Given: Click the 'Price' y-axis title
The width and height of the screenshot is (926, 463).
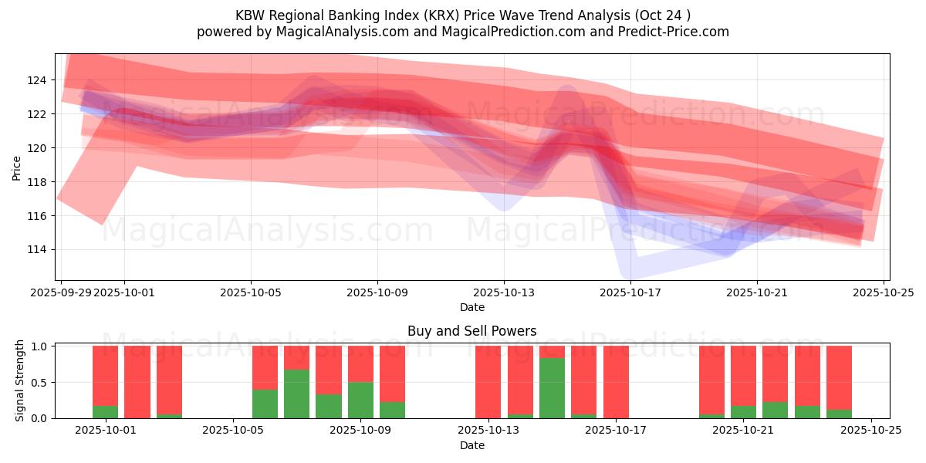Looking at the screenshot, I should [x=16, y=167].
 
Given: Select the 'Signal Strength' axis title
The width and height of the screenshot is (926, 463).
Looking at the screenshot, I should [x=20, y=380].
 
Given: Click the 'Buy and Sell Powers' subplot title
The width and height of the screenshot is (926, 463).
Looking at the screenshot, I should [x=471, y=331].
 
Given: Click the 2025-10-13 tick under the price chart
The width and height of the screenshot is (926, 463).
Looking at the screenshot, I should [x=504, y=293].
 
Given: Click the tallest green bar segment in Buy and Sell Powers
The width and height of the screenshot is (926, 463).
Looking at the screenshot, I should [x=552, y=388].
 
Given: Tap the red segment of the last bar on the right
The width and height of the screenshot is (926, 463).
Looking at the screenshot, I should [x=839, y=377].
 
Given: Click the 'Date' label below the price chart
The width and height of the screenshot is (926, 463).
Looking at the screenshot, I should [x=471, y=307].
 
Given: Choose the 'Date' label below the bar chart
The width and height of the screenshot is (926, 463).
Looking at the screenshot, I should [x=471, y=445].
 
